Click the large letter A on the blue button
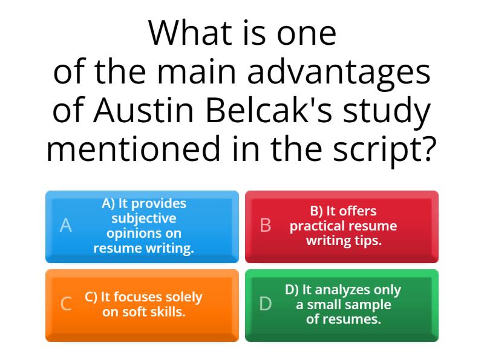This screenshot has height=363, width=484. [x=66, y=226]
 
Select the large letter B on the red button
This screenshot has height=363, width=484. [x=265, y=226]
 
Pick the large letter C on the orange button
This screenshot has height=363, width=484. [x=66, y=304]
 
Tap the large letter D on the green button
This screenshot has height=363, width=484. [x=265, y=304]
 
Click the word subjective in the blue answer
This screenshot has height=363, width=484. [x=143, y=218]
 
